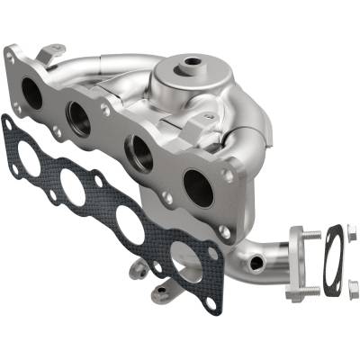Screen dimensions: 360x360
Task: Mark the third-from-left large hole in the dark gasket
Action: tap(130, 222)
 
